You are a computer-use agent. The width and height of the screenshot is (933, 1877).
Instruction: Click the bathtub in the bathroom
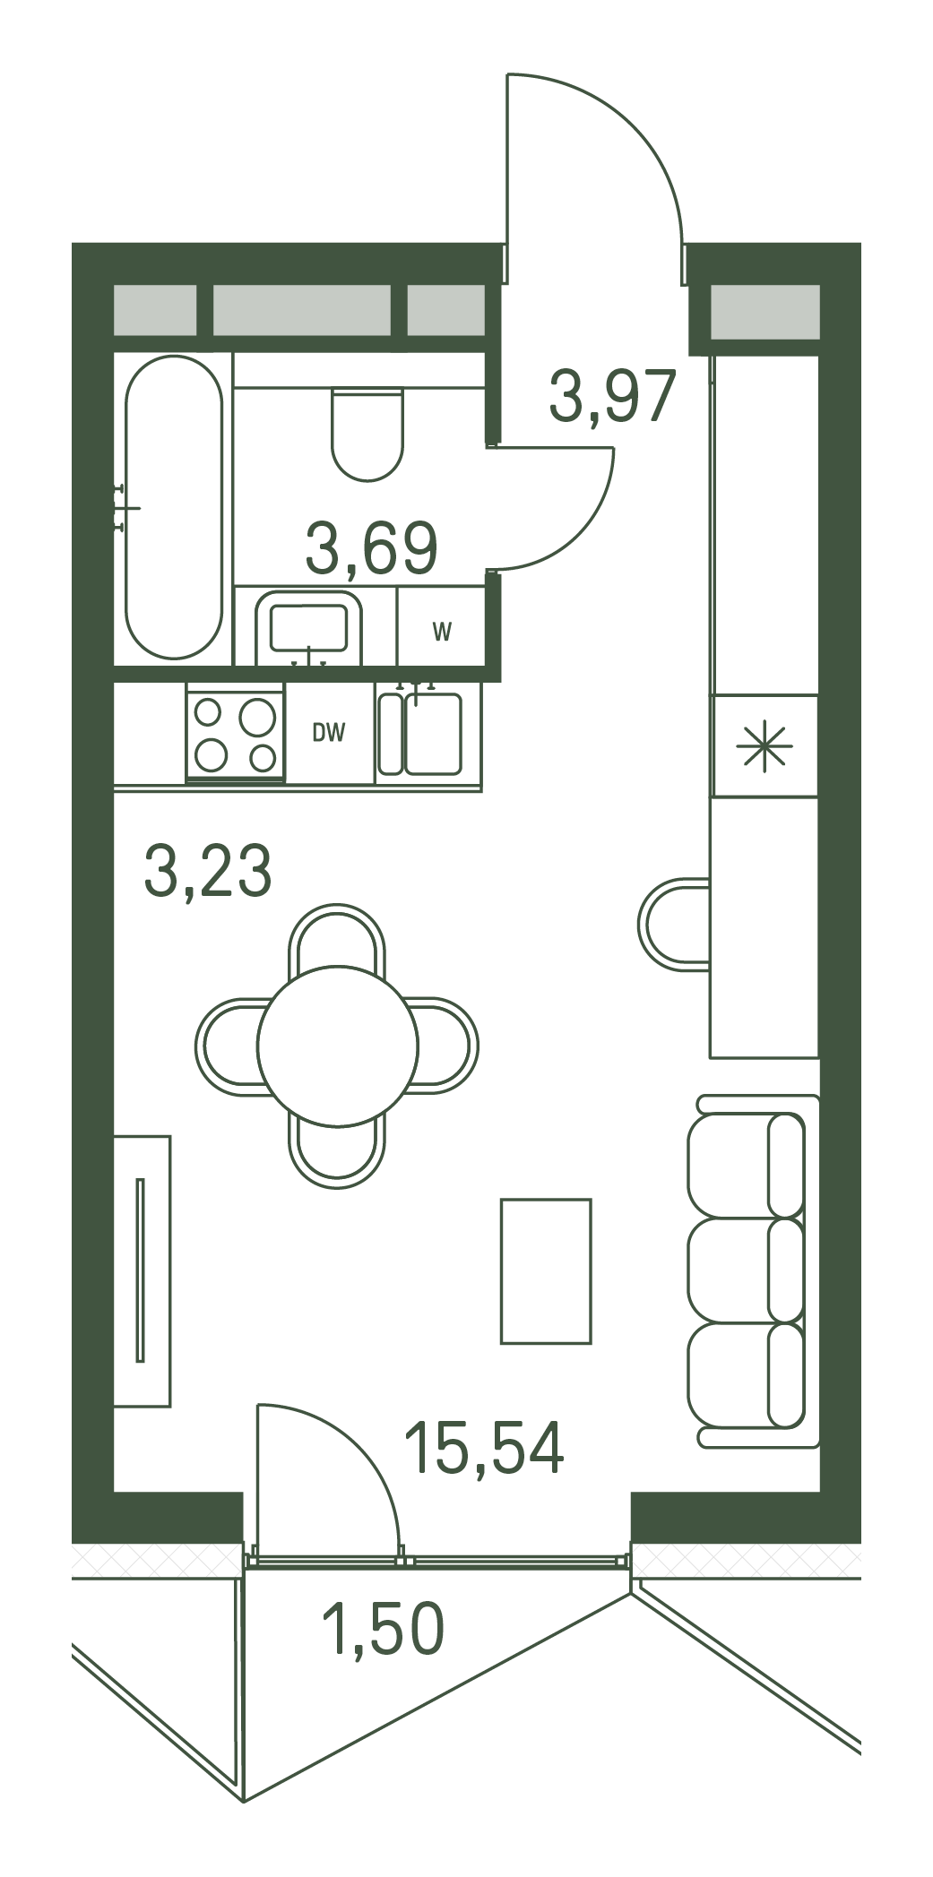[173, 507]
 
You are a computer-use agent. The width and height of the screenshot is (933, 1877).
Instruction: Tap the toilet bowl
[367, 434]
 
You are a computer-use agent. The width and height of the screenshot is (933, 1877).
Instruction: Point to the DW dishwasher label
[329, 733]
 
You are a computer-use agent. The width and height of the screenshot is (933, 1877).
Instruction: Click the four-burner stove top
[236, 733]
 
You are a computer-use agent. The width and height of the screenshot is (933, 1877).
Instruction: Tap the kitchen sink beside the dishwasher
[420, 734]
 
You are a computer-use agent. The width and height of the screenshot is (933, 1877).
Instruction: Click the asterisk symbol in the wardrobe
[765, 746]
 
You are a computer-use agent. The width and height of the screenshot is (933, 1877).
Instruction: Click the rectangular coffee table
[546, 1271]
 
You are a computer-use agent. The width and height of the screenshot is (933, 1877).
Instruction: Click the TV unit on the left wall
[142, 1271]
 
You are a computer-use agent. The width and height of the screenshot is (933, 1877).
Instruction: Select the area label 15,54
[484, 1448]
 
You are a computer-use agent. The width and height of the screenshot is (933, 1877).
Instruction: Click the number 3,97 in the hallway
[612, 396]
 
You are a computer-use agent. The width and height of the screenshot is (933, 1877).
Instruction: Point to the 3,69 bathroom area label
[371, 548]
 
